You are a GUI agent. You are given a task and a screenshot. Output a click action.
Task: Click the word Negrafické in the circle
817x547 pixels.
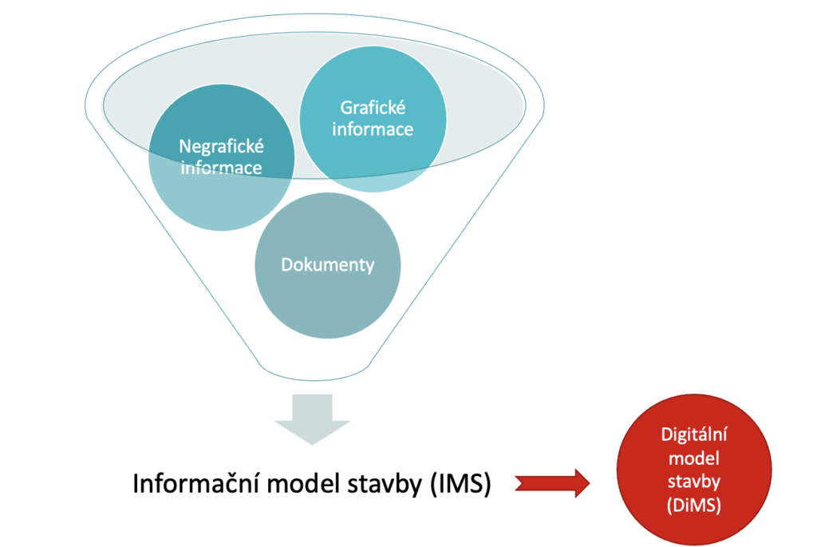[x=222, y=147]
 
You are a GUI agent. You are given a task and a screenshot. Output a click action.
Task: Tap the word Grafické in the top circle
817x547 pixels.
[x=373, y=107]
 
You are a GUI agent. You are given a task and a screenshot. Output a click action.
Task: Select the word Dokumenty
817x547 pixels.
[x=327, y=264]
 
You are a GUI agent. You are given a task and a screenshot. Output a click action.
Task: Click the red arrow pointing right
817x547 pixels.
[x=553, y=482]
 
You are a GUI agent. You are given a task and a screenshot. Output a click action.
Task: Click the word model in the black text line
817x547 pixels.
[x=299, y=483]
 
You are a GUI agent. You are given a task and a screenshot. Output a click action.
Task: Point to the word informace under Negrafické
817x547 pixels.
[x=222, y=168]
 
